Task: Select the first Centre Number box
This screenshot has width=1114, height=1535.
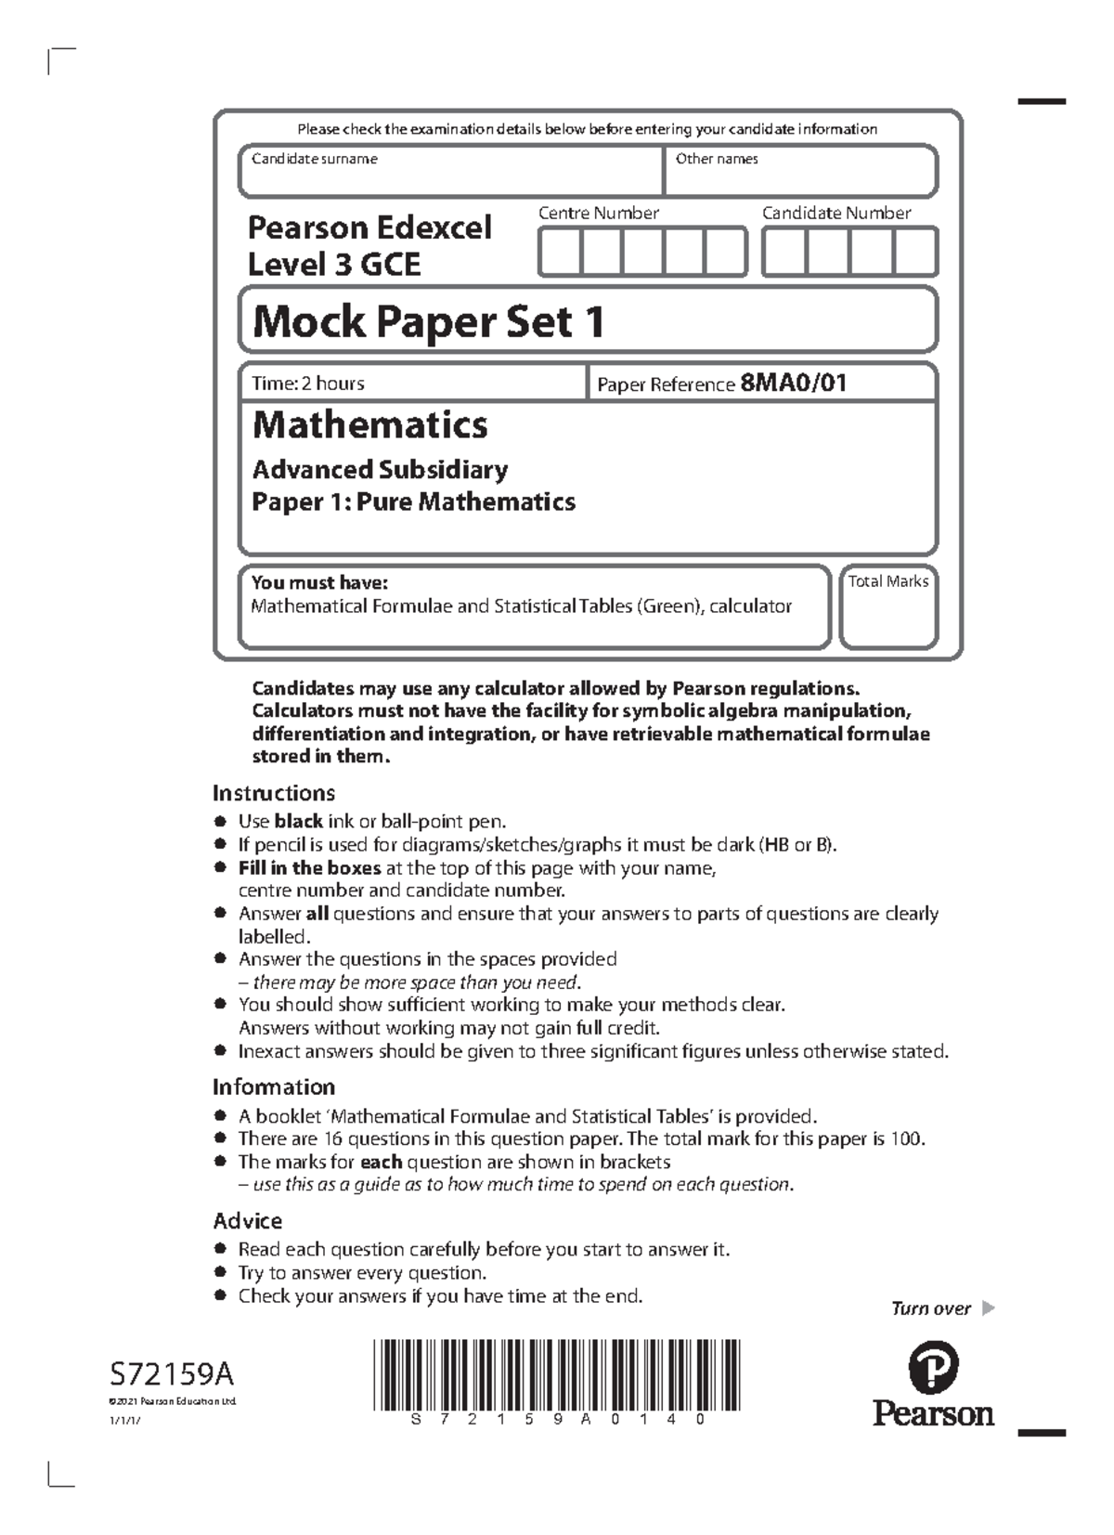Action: (x=560, y=253)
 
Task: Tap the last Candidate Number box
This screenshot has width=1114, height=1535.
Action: (x=915, y=253)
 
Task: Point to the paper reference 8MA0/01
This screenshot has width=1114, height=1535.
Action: (x=794, y=384)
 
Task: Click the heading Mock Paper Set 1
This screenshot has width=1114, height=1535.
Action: (x=429, y=322)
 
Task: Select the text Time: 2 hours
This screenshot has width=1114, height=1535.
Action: (x=308, y=384)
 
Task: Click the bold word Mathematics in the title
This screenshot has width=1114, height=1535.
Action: (x=369, y=425)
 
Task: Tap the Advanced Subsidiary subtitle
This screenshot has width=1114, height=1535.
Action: (x=380, y=470)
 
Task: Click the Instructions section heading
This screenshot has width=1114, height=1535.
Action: (x=274, y=793)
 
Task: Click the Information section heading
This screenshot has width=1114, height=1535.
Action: (x=274, y=1086)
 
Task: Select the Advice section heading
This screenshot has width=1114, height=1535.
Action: (x=248, y=1220)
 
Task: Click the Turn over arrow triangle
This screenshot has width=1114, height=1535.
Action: (x=988, y=1308)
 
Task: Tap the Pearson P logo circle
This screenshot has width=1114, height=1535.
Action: (x=933, y=1368)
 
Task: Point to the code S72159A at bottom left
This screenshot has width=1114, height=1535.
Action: (x=172, y=1373)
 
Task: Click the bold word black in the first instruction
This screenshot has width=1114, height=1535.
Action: (x=298, y=822)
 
